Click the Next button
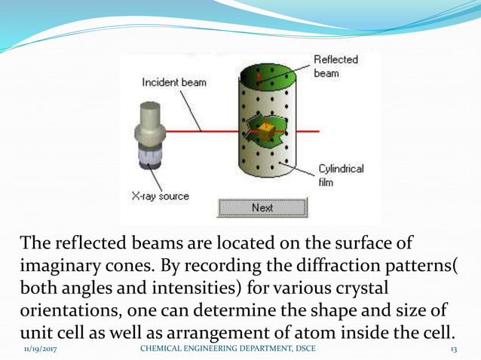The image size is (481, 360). [x=262, y=208]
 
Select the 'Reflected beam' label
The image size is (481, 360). [x=335, y=67]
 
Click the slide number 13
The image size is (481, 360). [x=454, y=349]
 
